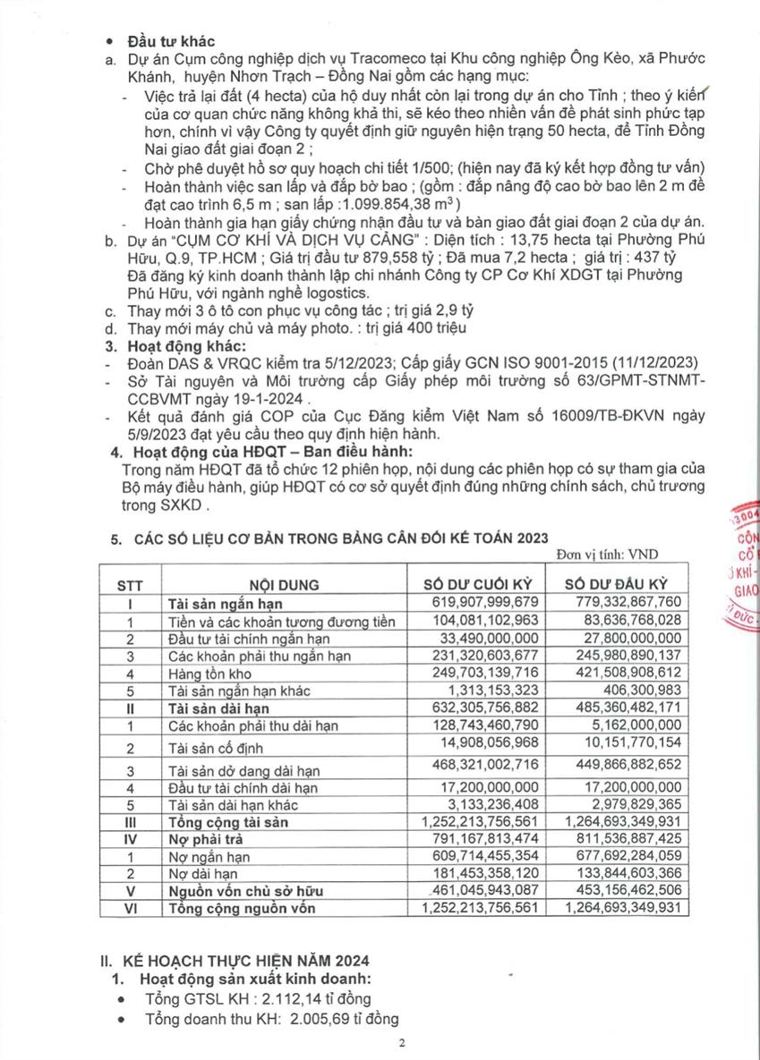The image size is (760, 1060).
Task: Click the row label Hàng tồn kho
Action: click(209, 673)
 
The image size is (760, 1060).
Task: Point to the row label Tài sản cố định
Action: click(215, 747)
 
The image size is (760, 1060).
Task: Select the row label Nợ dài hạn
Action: click(202, 873)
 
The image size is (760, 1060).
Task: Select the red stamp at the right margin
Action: click(742, 572)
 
